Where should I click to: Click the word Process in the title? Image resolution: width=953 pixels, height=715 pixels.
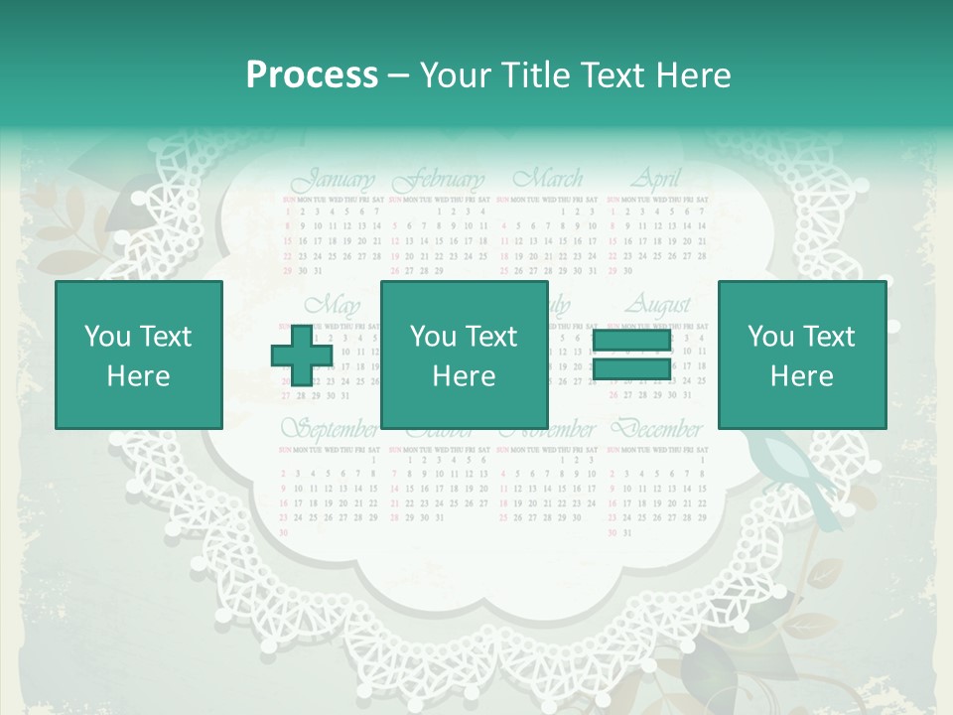coord(312,75)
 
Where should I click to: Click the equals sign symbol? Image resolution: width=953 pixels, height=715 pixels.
coord(630,356)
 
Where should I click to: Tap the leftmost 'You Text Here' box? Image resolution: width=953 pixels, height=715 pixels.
coord(138,355)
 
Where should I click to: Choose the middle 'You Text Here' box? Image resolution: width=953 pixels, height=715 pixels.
coord(465,355)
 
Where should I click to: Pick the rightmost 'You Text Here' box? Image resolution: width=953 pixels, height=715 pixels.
coord(801,355)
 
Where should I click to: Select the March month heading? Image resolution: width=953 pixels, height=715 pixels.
coord(548,180)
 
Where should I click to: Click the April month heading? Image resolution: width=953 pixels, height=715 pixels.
coord(656,180)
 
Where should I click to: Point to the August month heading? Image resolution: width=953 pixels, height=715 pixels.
coord(660,303)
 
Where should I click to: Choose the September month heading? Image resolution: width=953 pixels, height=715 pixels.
coord(330,430)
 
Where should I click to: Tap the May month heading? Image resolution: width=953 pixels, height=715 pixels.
coord(333,304)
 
